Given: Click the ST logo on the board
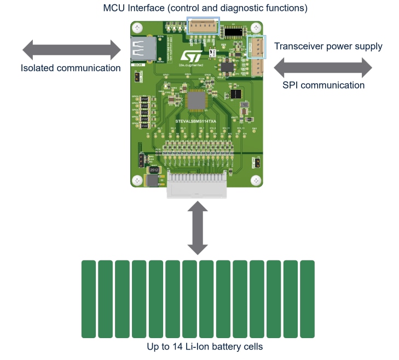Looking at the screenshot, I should [191, 57].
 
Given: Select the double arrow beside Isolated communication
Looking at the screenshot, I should [71, 50].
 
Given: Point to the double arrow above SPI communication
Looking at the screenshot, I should [322, 68].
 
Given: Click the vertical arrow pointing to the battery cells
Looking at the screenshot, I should [197, 228].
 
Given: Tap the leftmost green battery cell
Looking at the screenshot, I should [89, 299].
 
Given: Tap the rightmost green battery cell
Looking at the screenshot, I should [308, 299].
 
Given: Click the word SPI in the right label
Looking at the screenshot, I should [291, 85].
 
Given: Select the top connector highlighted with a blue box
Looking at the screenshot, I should [203, 26].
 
